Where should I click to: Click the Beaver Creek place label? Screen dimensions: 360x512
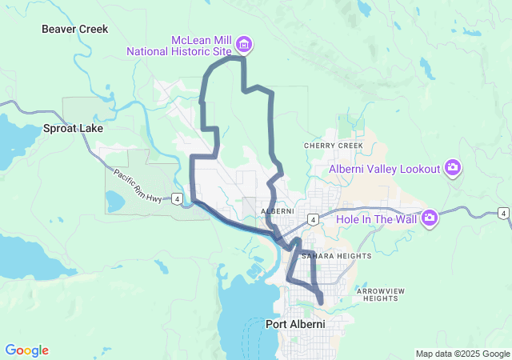74,29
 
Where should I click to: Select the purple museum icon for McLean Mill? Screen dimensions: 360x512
243,43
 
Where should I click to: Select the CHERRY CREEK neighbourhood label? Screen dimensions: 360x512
333,146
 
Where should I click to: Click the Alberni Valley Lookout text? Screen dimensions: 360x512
385,169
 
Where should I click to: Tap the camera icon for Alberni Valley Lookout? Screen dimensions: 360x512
453,167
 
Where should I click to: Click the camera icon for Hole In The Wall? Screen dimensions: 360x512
430,217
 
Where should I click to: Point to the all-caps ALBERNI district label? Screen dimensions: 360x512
278,211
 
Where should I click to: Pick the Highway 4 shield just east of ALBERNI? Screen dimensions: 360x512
315,218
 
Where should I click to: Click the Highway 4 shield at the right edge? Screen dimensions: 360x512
502,213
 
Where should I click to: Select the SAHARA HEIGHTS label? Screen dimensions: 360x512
336,256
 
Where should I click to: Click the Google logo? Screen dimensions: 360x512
26,350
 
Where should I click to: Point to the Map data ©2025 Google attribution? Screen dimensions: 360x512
462,354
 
